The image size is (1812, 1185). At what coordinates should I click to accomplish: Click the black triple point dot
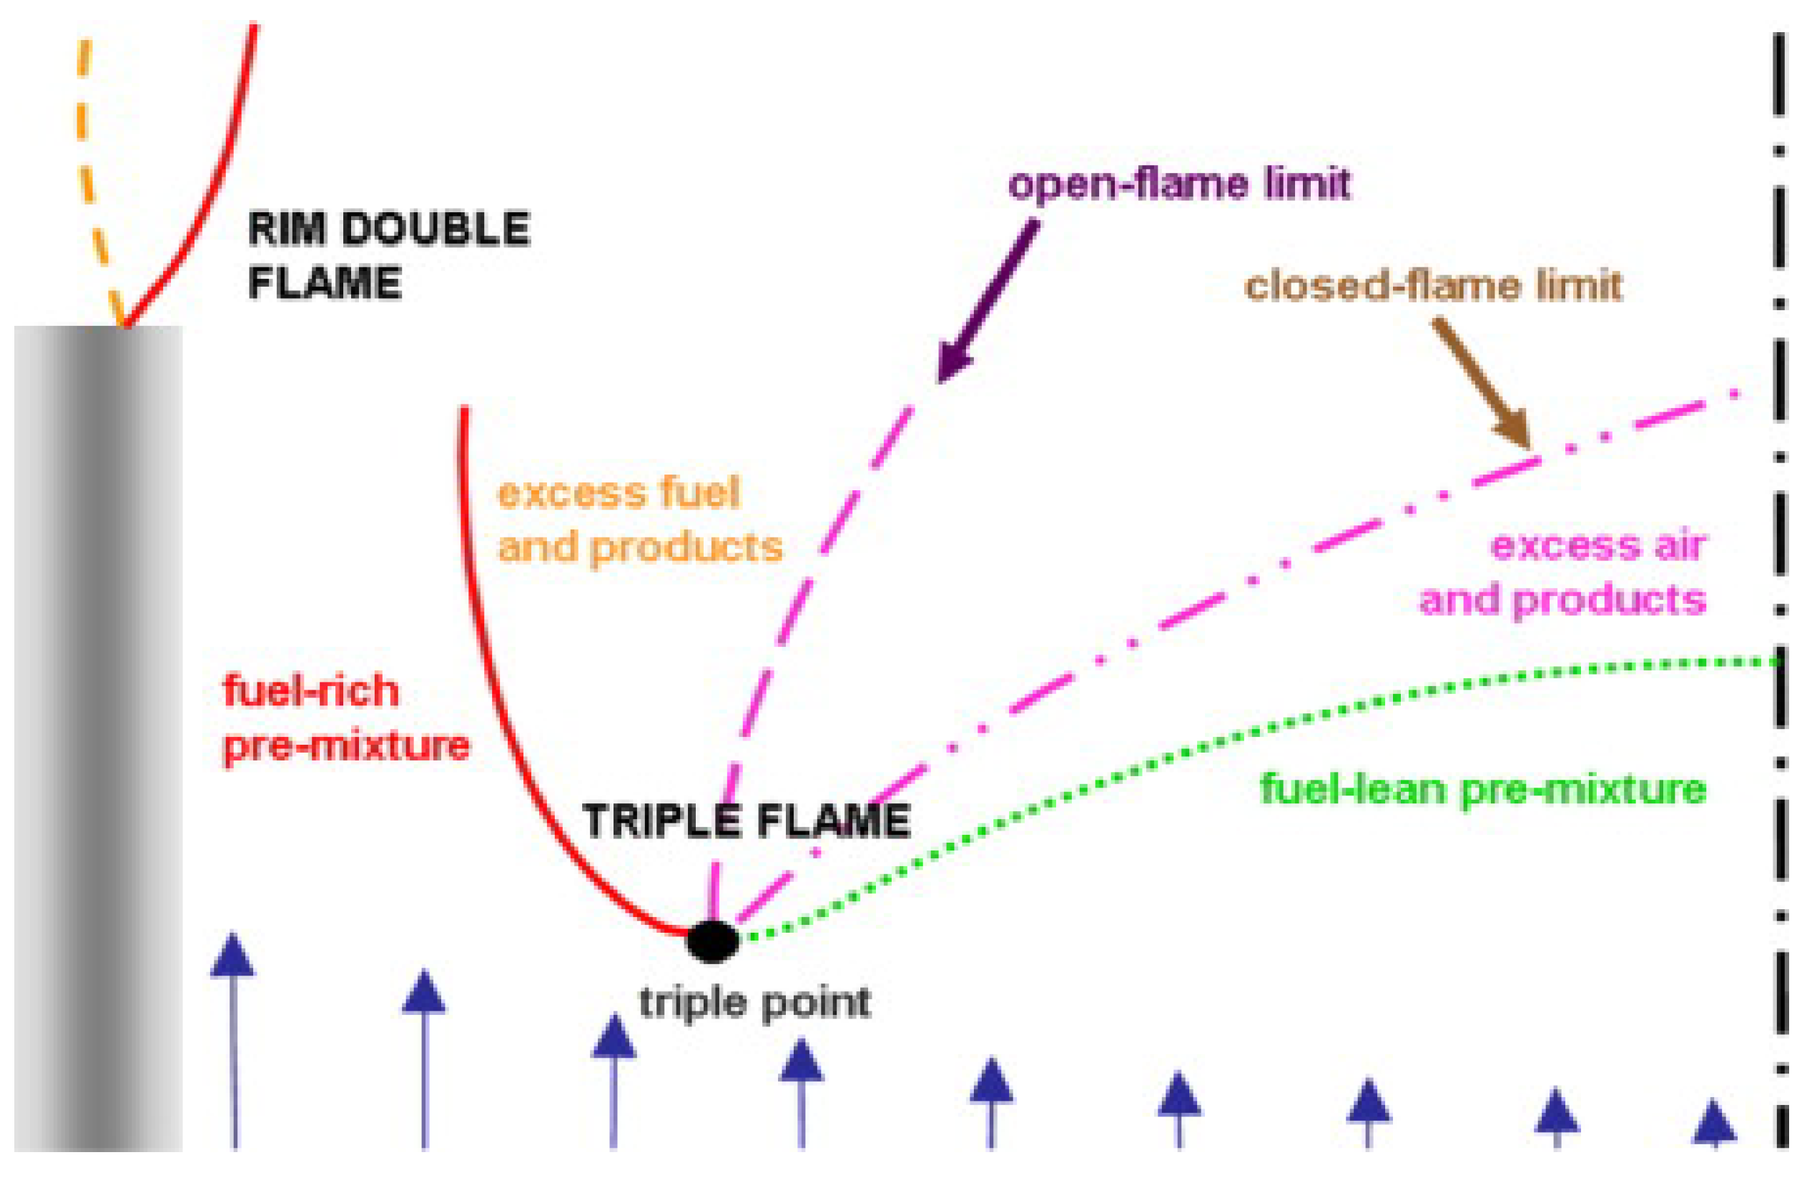(712, 941)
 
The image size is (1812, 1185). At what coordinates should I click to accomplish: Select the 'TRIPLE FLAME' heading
(746, 821)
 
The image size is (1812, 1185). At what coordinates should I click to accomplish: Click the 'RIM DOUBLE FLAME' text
(388, 256)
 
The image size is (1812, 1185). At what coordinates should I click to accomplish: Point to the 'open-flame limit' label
(1178, 185)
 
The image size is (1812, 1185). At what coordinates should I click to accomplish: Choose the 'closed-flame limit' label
(1433, 287)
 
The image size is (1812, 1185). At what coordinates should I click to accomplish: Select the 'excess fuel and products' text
(639, 520)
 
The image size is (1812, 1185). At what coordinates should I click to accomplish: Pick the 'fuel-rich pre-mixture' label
(345, 718)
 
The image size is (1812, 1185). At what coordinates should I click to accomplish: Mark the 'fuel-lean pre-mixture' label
(1483, 789)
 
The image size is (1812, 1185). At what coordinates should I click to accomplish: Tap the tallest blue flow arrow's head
(232, 955)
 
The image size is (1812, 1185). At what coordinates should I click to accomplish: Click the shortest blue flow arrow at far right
(1714, 1126)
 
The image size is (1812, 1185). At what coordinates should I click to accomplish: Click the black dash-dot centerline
(1780, 609)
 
